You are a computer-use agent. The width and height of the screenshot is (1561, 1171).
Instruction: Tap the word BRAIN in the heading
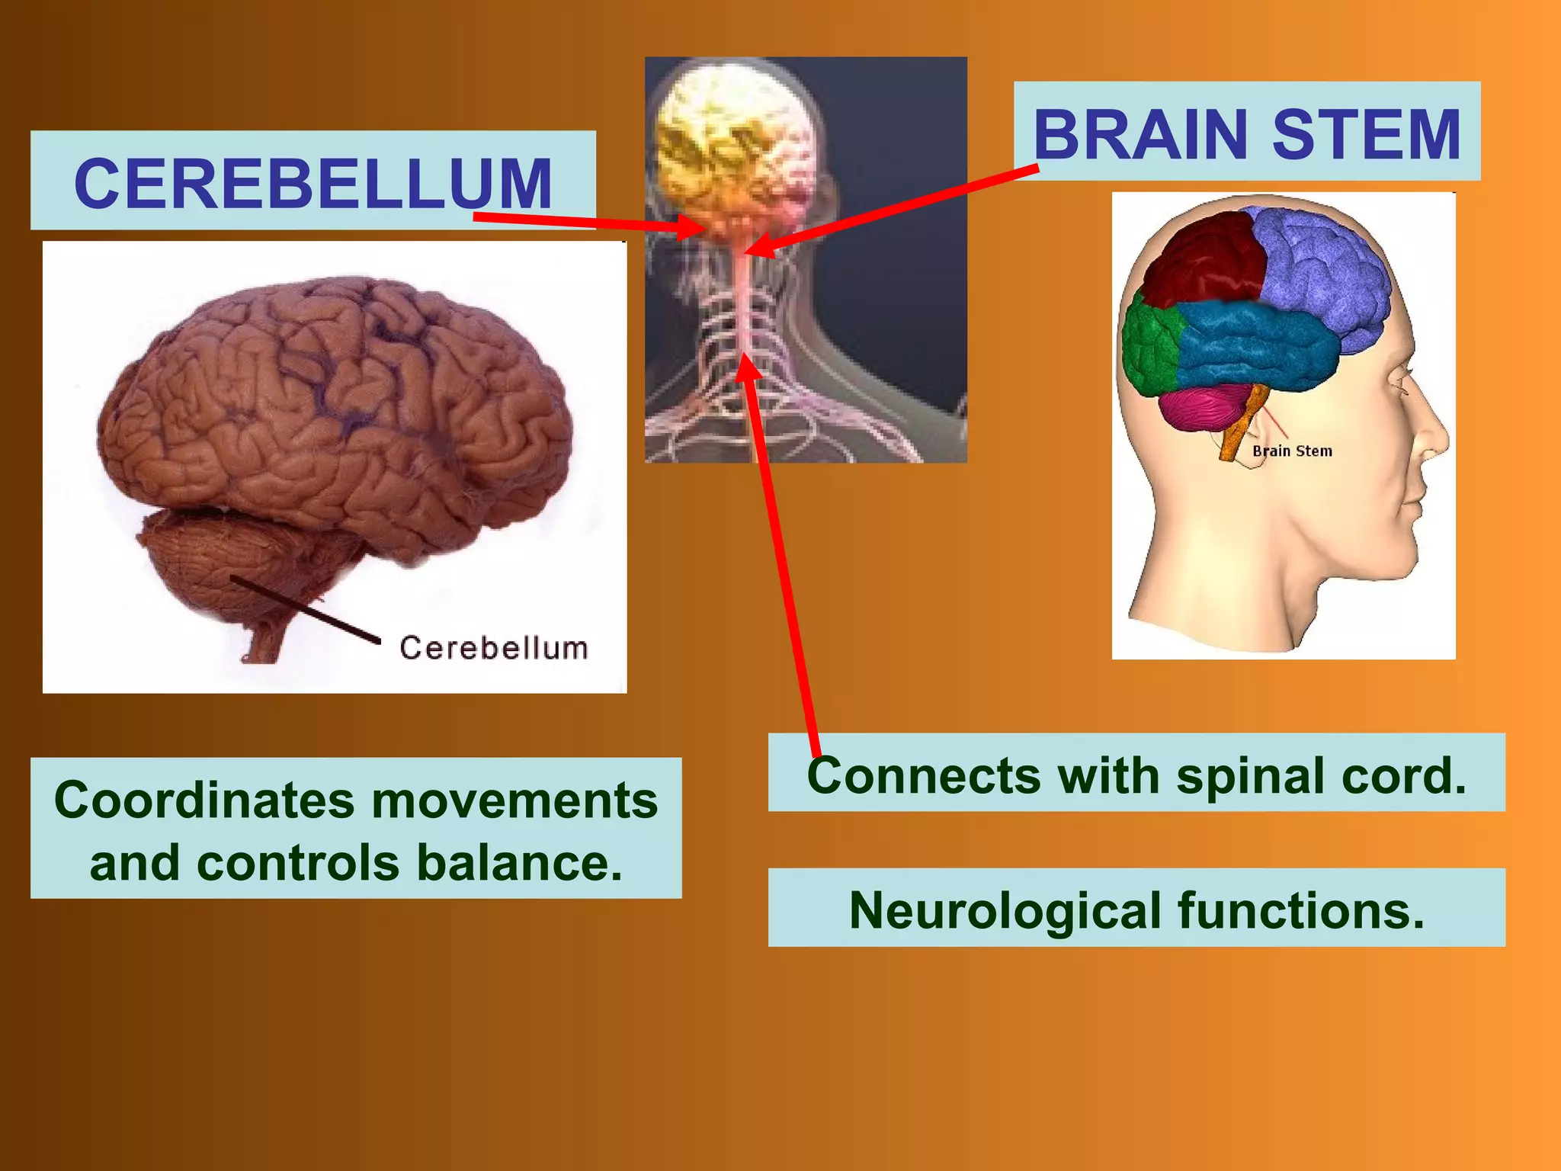coord(1139,135)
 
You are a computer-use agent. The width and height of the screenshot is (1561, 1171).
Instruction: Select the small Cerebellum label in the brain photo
coord(494,648)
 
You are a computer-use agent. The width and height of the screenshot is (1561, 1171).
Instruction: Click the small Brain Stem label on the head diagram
coord(1292,451)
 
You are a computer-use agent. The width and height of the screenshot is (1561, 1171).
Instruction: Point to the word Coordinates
coord(204,800)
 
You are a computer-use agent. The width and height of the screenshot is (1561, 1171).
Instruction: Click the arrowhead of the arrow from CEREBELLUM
coord(694,226)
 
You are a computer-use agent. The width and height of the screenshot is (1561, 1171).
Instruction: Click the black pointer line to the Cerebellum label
coord(305,608)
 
